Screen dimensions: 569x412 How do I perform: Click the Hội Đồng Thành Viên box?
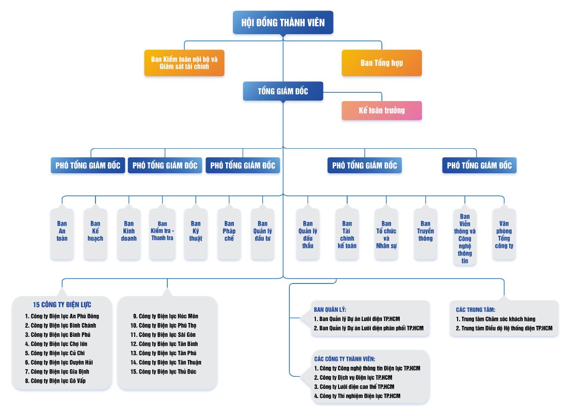click(x=283, y=23)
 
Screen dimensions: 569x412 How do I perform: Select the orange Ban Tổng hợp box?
click(x=382, y=63)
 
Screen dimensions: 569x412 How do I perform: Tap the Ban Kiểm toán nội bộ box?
click(x=184, y=63)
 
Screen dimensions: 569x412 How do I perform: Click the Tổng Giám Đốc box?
click(x=283, y=91)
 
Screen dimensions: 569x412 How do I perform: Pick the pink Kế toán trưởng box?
click(x=382, y=111)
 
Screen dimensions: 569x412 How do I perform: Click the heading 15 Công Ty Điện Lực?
click(x=62, y=305)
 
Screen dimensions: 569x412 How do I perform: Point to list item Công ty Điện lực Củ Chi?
click(x=55, y=353)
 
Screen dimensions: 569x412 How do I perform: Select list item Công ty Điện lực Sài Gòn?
click(x=163, y=335)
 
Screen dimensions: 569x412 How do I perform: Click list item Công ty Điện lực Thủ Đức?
click(x=163, y=372)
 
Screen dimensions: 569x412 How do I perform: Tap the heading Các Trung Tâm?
click(x=475, y=310)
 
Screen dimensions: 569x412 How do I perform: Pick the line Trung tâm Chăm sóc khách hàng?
click(x=495, y=319)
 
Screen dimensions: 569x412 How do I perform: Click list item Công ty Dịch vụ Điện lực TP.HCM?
click(x=353, y=377)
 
